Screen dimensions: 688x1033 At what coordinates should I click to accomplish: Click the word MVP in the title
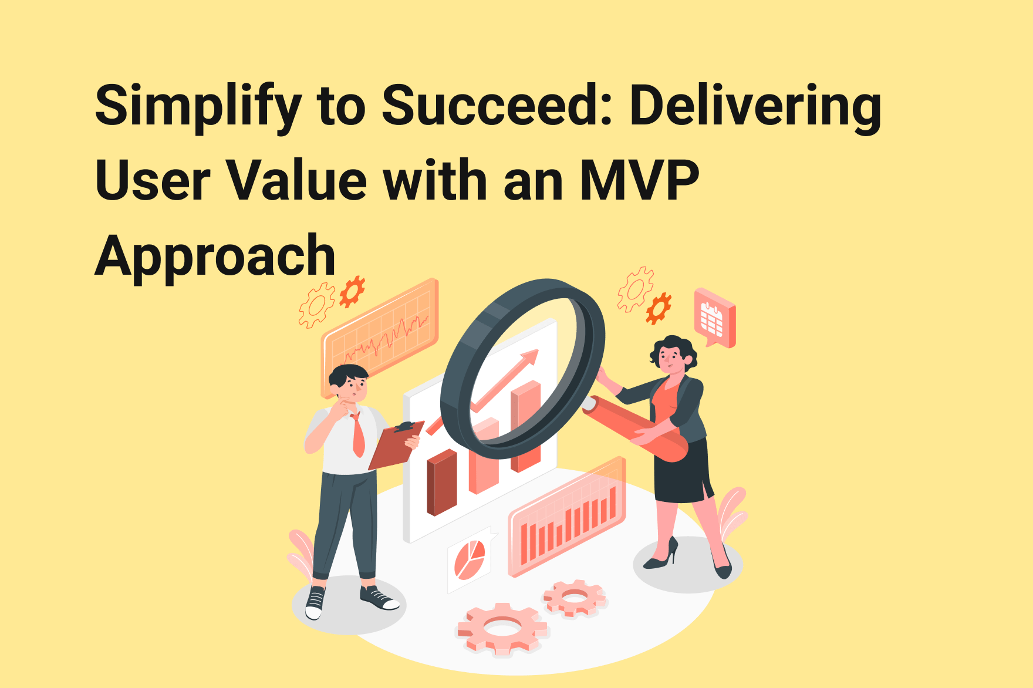point(639,181)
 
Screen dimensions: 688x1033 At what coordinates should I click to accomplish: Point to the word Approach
point(215,256)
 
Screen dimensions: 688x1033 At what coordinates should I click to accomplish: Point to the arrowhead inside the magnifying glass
point(528,358)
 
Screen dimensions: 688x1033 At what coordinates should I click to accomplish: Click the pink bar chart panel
point(566,517)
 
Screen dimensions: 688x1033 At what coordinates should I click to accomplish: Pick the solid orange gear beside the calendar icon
point(659,308)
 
